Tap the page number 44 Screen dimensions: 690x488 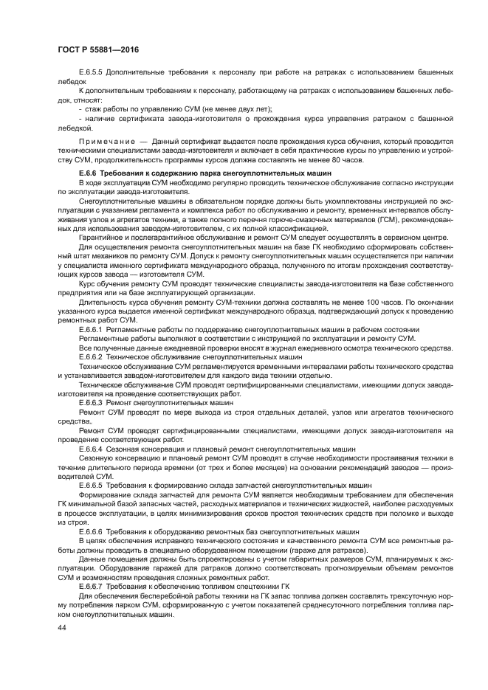[62, 627]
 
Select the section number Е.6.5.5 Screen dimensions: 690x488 [92, 72]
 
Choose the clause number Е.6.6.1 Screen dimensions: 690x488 [92, 329]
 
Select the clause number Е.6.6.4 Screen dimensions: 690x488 [92, 449]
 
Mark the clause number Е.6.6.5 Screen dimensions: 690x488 [92, 485]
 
